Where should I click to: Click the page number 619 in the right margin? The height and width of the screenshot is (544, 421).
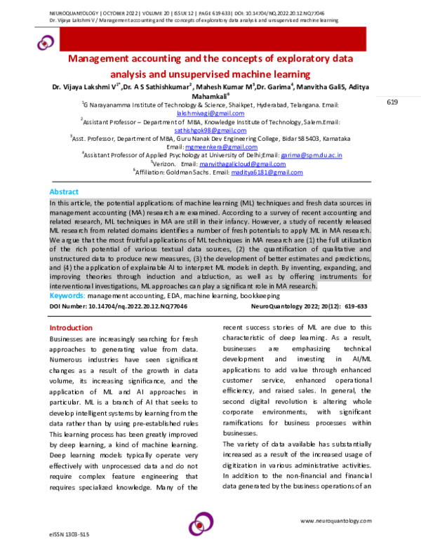(392, 103)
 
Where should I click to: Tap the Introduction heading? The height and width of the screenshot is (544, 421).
(71, 328)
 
